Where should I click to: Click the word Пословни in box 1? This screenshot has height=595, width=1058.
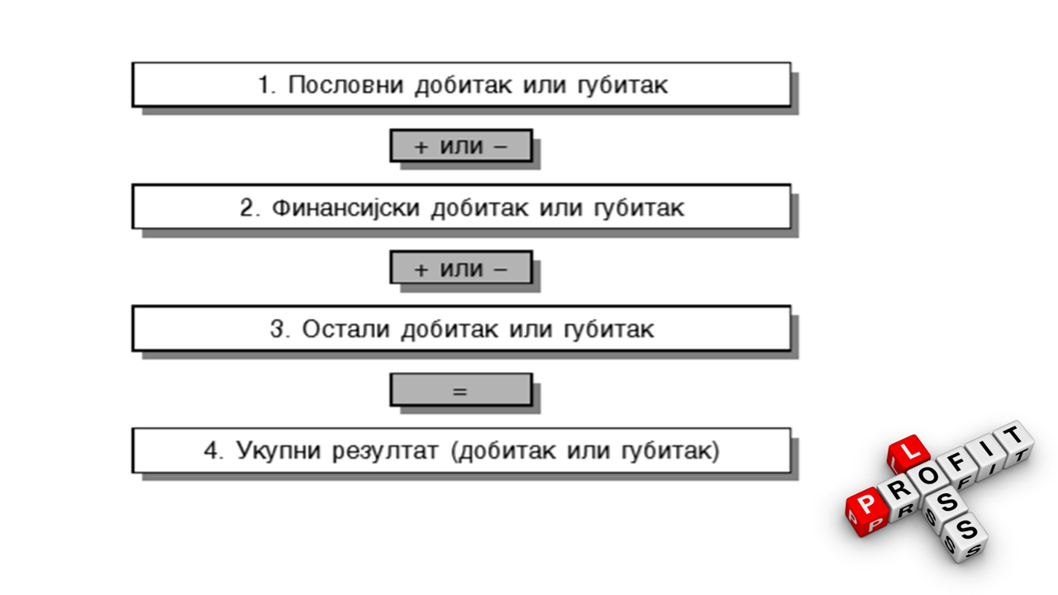[346, 85]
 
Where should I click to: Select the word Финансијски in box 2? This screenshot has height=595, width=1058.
[346, 207]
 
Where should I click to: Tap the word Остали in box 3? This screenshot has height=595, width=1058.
[346, 329]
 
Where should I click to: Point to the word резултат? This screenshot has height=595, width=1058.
[385, 451]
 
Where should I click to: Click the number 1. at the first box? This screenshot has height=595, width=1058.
[267, 85]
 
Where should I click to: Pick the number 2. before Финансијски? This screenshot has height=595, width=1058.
[250, 207]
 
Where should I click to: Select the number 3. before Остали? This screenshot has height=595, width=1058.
[280, 329]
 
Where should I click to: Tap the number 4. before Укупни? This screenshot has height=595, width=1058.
[214, 450]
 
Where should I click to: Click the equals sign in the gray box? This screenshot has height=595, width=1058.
[460, 391]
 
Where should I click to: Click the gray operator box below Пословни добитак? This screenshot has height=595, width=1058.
[461, 145]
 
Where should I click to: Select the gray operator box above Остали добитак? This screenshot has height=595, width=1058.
[461, 268]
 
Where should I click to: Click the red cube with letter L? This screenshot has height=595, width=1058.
[908, 455]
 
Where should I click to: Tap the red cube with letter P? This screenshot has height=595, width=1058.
[867, 512]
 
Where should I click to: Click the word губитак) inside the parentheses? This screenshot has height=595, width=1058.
[670, 451]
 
